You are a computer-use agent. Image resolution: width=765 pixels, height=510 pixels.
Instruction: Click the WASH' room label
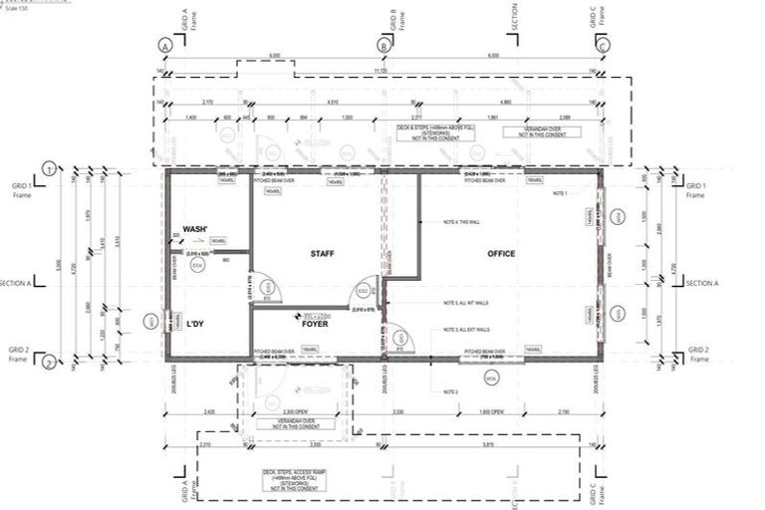coord(195,229)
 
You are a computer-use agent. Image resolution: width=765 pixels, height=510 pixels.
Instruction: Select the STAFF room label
coord(320,254)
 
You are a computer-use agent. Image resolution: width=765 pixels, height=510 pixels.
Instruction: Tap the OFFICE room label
coord(501,254)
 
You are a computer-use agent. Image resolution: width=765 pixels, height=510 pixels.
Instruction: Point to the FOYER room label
coord(316,324)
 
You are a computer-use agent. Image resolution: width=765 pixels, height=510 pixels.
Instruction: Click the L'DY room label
coord(196,325)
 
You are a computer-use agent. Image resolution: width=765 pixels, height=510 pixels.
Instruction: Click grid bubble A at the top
coord(164,45)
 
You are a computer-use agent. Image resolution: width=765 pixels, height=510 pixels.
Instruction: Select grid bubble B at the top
coord(384,45)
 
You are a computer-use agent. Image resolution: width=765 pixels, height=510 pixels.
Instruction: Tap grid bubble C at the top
coord(602,45)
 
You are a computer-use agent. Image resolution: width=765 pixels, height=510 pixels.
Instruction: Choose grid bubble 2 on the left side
coord(48,363)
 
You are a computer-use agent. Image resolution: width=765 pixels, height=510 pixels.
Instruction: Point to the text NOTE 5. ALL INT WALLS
coord(466,304)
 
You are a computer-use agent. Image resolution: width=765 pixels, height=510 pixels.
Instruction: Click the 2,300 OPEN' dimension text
coord(298,411)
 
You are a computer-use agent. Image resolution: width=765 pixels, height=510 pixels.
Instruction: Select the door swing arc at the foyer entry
coord(403,339)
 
